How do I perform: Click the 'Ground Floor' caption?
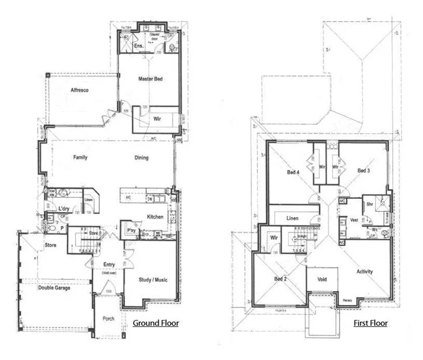(156, 323)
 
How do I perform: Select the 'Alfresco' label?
(79, 90)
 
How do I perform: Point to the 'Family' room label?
(81, 158)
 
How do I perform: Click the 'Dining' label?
(141, 158)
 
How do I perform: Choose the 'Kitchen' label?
(155, 217)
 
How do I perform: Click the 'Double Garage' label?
(55, 288)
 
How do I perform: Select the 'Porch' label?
(109, 319)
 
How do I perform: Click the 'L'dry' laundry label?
(65, 208)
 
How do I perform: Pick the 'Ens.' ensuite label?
(138, 46)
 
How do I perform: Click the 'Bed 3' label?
(364, 170)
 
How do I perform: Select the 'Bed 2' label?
(281, 278)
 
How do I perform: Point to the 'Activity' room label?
(364, 272)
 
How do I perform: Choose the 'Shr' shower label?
(369, 205)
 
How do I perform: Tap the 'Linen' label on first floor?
(293, 218)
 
